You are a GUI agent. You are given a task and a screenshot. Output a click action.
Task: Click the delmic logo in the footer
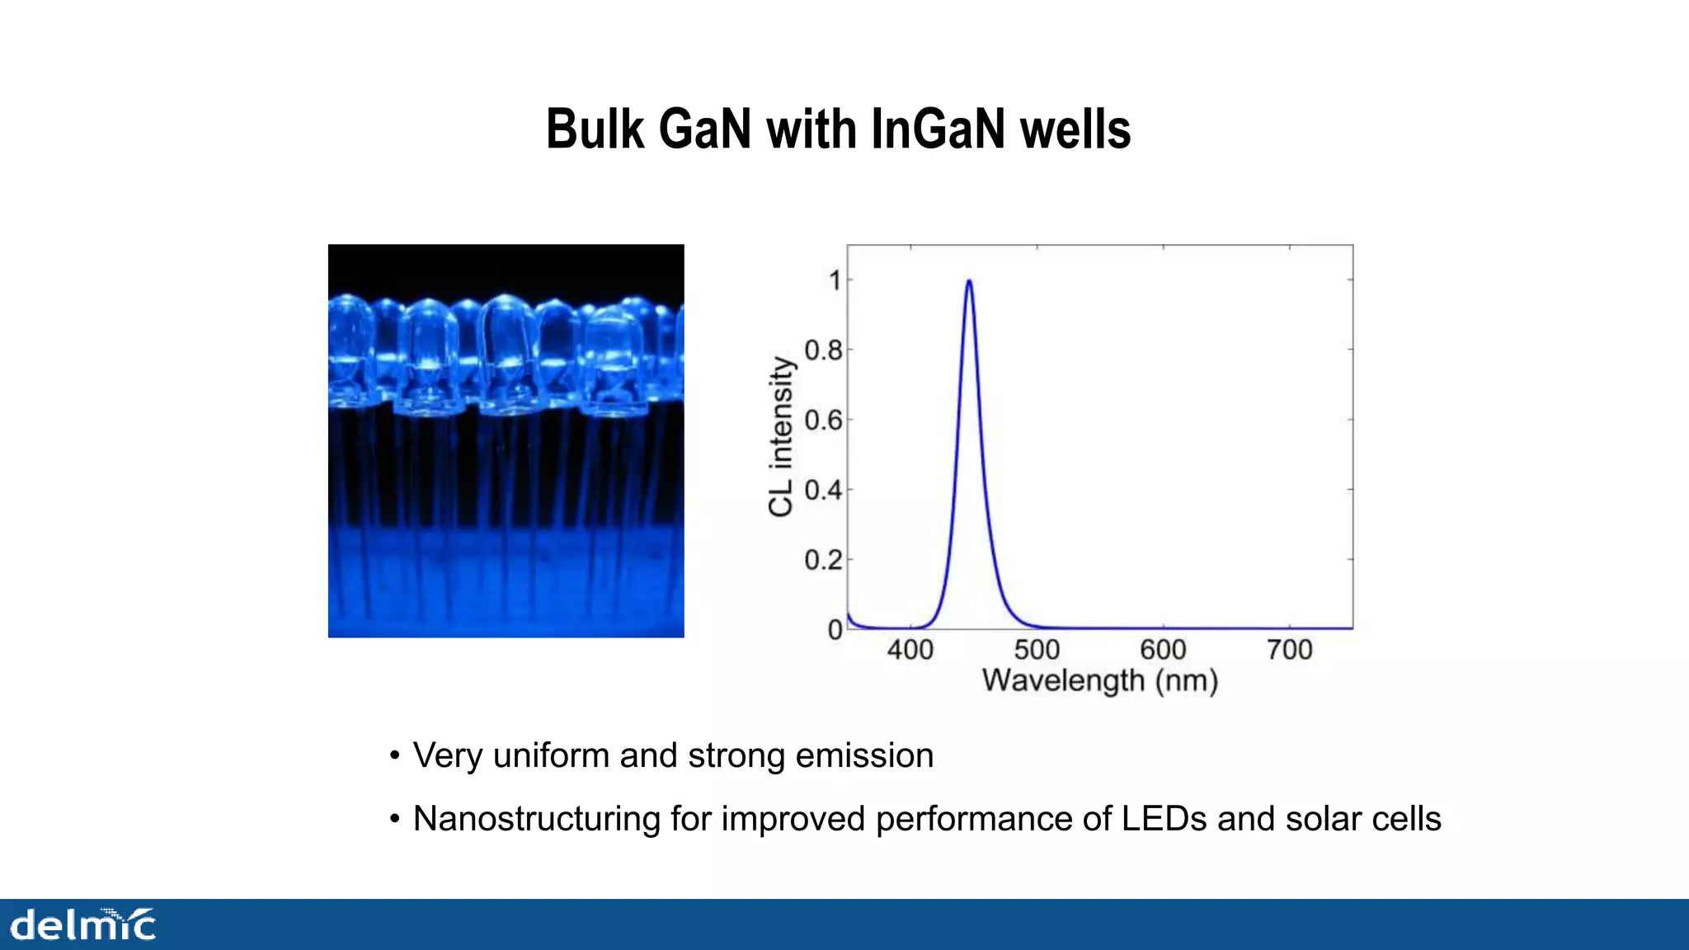(x=82, y=924)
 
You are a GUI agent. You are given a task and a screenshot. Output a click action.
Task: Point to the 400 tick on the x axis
(x=910, y=650)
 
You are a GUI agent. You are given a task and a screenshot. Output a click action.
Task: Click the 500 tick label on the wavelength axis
(x=1037, y=650)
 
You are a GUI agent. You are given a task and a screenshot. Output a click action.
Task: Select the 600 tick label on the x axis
(x=1163, y=650)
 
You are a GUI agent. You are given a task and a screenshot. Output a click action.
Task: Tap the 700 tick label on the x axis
(x=1290, y=650)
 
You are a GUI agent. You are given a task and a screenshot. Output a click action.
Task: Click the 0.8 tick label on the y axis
(x=823, y=350)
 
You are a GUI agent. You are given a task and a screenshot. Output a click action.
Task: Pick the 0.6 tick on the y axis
(x=823, y=421)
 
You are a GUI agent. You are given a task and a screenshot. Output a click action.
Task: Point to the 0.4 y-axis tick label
(x=823, y=491)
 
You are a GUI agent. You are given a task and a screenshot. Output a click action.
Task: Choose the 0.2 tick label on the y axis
(x=823, y=561)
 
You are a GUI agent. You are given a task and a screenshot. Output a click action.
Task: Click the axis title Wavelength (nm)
(x=1100, y=681)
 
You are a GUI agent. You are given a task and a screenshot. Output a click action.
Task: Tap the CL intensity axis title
(x=780, y=437)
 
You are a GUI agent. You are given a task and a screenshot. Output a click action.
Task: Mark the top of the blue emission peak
(x=969, y=281)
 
